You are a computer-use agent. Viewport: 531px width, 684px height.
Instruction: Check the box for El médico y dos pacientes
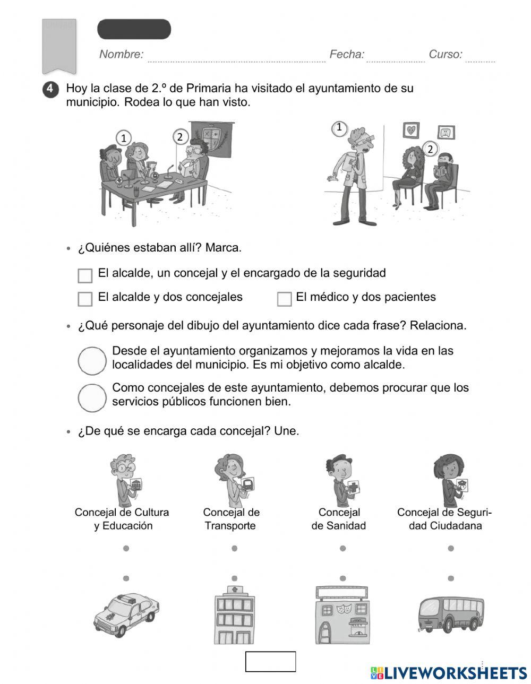click(x=284, y=299)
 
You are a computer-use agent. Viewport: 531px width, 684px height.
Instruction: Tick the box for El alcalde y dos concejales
click(x=85, y=299)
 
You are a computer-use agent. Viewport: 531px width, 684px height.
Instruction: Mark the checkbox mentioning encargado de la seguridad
click(x=85, y=275)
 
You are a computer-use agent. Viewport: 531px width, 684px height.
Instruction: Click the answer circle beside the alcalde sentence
click(x=92, y=361)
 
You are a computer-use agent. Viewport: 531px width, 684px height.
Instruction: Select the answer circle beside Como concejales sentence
click(x=92, y=397)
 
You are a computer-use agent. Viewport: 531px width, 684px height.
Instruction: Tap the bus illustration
click(x=451, y=614)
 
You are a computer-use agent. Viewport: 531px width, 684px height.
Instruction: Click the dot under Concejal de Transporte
click(x=234, y=548)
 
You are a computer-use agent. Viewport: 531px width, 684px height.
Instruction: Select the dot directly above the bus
click(x=451, y=578)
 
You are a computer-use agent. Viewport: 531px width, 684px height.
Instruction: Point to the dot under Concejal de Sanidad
click(x=342, y=548)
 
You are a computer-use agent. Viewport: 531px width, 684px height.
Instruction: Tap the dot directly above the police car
click(x=126, y=578)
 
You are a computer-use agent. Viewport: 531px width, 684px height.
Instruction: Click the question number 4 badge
click(x=50, y=89)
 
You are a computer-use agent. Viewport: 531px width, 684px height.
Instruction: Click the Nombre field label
click(x=121, y=54)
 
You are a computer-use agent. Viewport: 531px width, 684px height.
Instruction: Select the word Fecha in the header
click(x=347, y=54)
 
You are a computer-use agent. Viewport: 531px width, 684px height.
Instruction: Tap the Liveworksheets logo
click(x=449, y=673)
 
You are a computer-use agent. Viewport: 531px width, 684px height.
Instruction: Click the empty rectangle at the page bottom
click(x=270, y=661)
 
